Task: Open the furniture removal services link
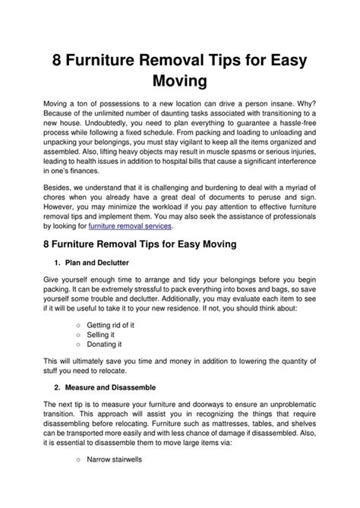click(131, 226)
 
